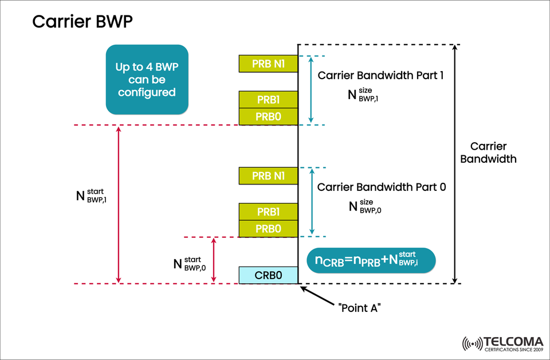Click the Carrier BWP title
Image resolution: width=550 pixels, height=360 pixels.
(x=83, y=22)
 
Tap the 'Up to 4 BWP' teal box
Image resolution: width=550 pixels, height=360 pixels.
(x=147, y=79)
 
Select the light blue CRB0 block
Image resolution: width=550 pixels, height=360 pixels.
(x=268, y=275)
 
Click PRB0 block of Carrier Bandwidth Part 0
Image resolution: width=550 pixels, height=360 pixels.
(x=268, y=229)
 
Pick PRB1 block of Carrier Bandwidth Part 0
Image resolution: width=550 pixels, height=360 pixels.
(x=268, y=212)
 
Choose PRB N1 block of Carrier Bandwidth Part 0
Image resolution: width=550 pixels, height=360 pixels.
(x=268, y=176)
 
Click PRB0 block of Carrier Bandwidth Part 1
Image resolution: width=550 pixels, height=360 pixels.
(x=268, y=116)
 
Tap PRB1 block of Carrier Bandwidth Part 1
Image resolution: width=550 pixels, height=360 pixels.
(x=268, y=99)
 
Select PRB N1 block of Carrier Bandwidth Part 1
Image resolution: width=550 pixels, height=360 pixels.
(x=268, y=64)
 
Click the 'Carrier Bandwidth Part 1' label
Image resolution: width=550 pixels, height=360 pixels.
(x=381, y=75)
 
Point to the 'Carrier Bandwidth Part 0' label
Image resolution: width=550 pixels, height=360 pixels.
(x=381, y=187)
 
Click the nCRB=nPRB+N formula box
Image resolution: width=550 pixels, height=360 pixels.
(x=371, y=260)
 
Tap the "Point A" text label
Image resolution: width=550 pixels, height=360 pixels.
(x=360, y=308)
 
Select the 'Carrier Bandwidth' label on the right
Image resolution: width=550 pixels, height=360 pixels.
(x=489, y=152)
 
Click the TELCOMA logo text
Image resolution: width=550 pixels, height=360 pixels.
(x=513, y=342)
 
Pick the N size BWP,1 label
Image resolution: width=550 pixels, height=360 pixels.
(x=364, y=95)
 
